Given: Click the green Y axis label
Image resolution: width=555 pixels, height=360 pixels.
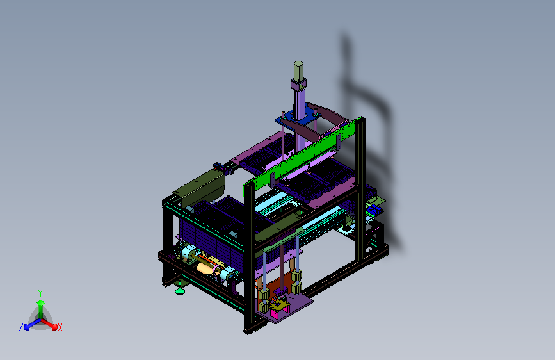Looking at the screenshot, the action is pyautogui.click(x=40, y=293).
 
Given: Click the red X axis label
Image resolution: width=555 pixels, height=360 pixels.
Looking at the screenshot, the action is pyautogui.click(x=60, y=327).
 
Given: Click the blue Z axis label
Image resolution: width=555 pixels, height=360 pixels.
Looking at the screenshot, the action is pyautogui.click(x=21, y=327).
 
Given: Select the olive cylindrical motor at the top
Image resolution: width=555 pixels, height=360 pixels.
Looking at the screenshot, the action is pyautogui.click(x=298, y=72).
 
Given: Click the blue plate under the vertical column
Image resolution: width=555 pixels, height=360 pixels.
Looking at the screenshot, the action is pyautogui.click(x=296, y=119).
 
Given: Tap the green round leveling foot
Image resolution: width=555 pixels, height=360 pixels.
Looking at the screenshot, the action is pyautogui.click(x=180, y=291).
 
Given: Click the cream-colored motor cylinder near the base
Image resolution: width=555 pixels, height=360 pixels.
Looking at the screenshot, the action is pyautogui.click(x=205, y=268).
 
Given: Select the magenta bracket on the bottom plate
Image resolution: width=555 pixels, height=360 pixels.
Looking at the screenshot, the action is pyautogui.click(x=276, y=313).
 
